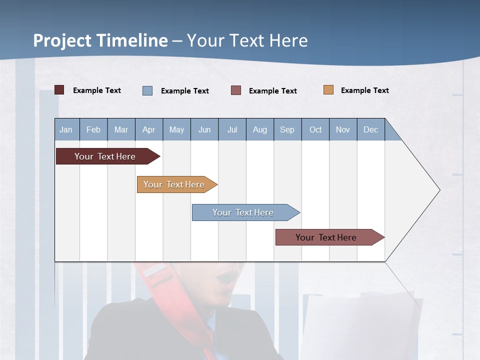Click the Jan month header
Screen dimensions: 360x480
coord(66,129)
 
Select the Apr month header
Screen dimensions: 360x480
coord(148,129)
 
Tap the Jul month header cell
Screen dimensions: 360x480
coord(232,129)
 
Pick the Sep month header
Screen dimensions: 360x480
coord(287,129)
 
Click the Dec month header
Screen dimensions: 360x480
coord(370,129)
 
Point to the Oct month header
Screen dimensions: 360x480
coord(315,129)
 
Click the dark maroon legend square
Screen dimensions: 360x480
coord(59,90)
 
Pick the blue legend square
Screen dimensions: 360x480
coord(147,90)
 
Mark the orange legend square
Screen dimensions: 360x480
coord(328,90)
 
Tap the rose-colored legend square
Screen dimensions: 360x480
coord(236,90)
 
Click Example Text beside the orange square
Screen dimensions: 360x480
coord(364,90)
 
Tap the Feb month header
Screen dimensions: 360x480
coord(93,129)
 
